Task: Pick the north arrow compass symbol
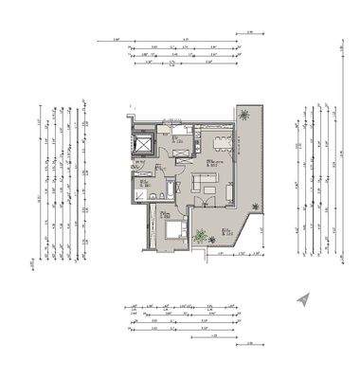[x=303, y=299]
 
